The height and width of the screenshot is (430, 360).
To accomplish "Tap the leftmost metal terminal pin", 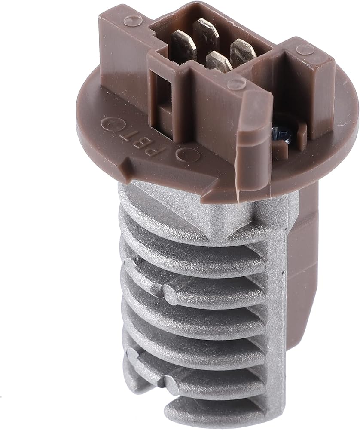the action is coord(183,47).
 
